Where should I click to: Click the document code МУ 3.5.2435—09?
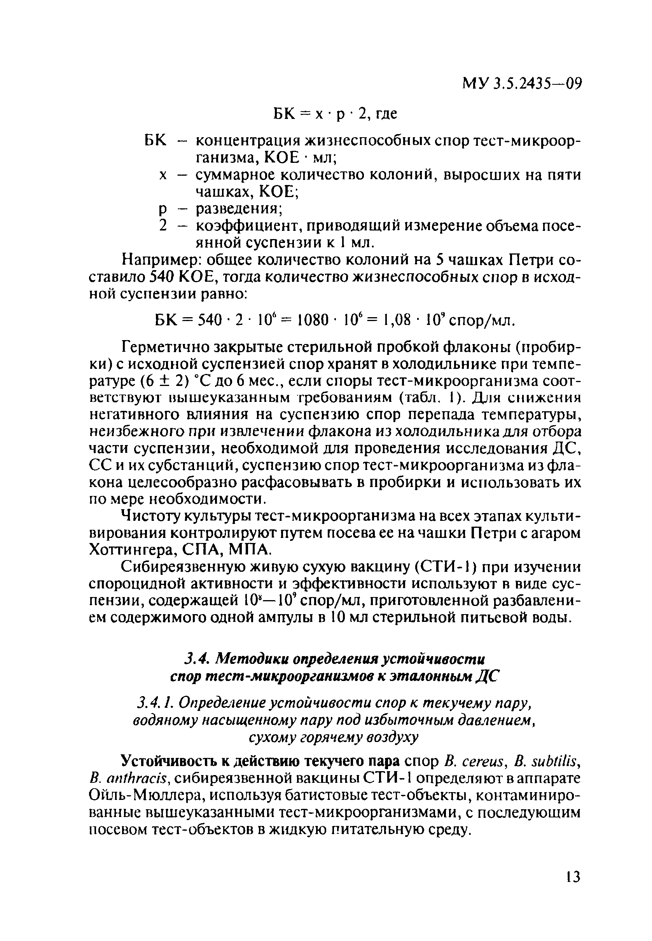point(521,84)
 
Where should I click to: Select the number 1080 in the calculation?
point(313,320)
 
